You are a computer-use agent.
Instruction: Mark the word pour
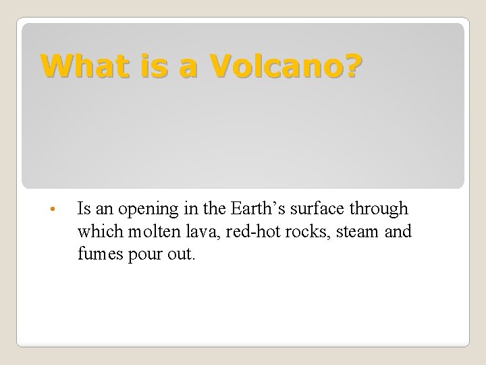[x=145, y=255]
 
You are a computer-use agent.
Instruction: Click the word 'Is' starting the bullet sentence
[x=85, y=208]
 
